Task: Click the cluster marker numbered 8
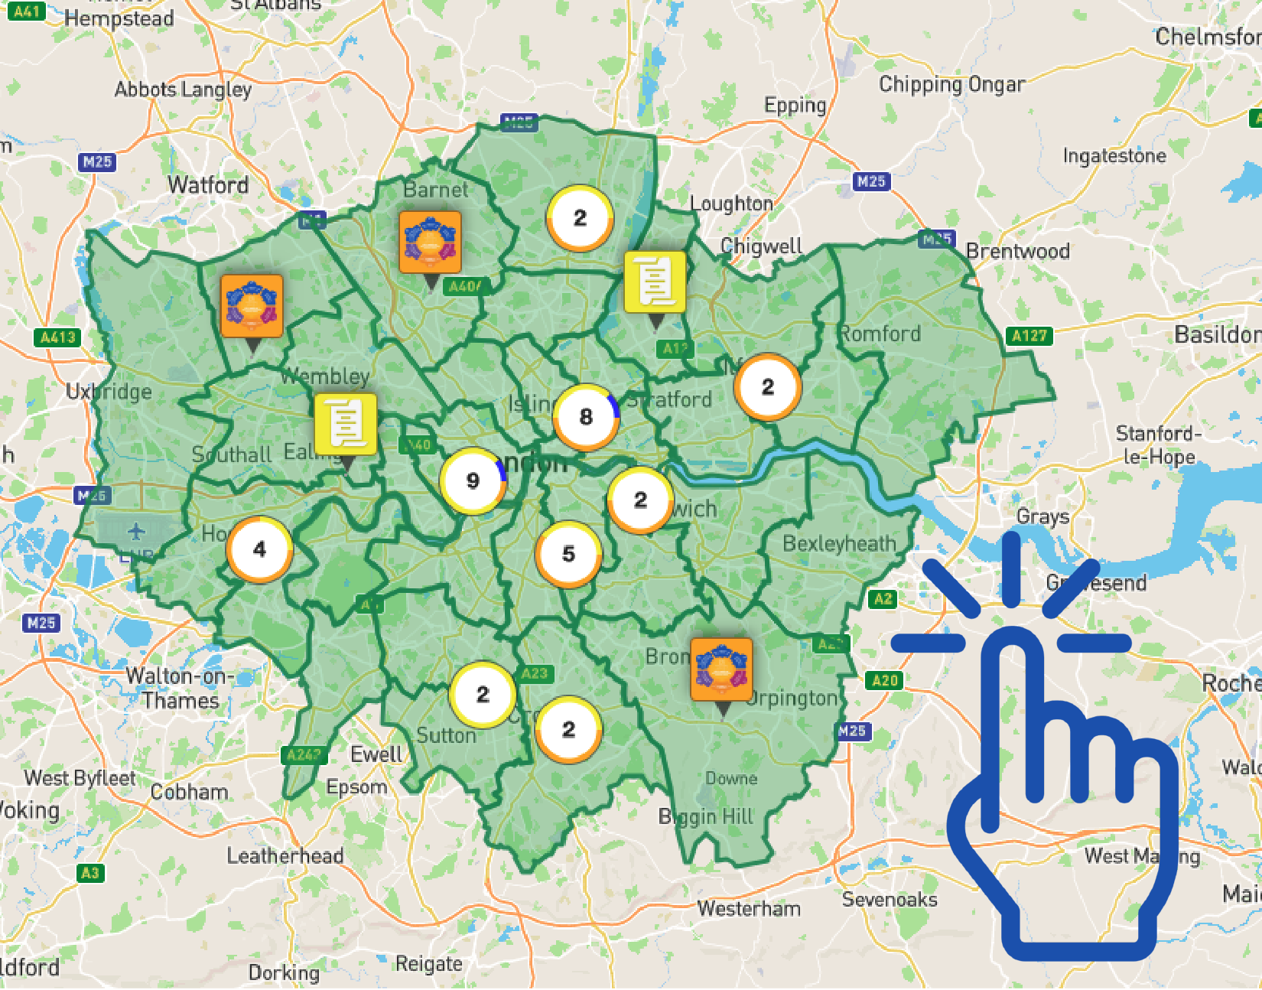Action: click(586, 417)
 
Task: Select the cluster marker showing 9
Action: click(473, 480)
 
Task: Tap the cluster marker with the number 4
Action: click(259, 549)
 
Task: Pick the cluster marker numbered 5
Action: click(568, 554)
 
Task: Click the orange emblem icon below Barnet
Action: click(430, 243)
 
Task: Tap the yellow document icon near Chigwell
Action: click(655, 282)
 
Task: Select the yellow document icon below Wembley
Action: click(346, 425)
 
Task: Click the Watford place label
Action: click(208, 185)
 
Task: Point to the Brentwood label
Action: click(1017, 251)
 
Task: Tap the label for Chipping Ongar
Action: click(951, 84)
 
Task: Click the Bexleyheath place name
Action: click(839, 544)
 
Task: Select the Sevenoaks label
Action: click(890, 900)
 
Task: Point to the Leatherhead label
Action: click(285, 855)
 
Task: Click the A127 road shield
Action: click(1029, 336)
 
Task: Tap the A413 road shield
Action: click(58, 337)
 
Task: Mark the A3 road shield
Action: click(89, 873)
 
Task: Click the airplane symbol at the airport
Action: click(136, 530)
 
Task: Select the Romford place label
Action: click(880, 334)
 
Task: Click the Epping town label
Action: click(795, 106)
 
